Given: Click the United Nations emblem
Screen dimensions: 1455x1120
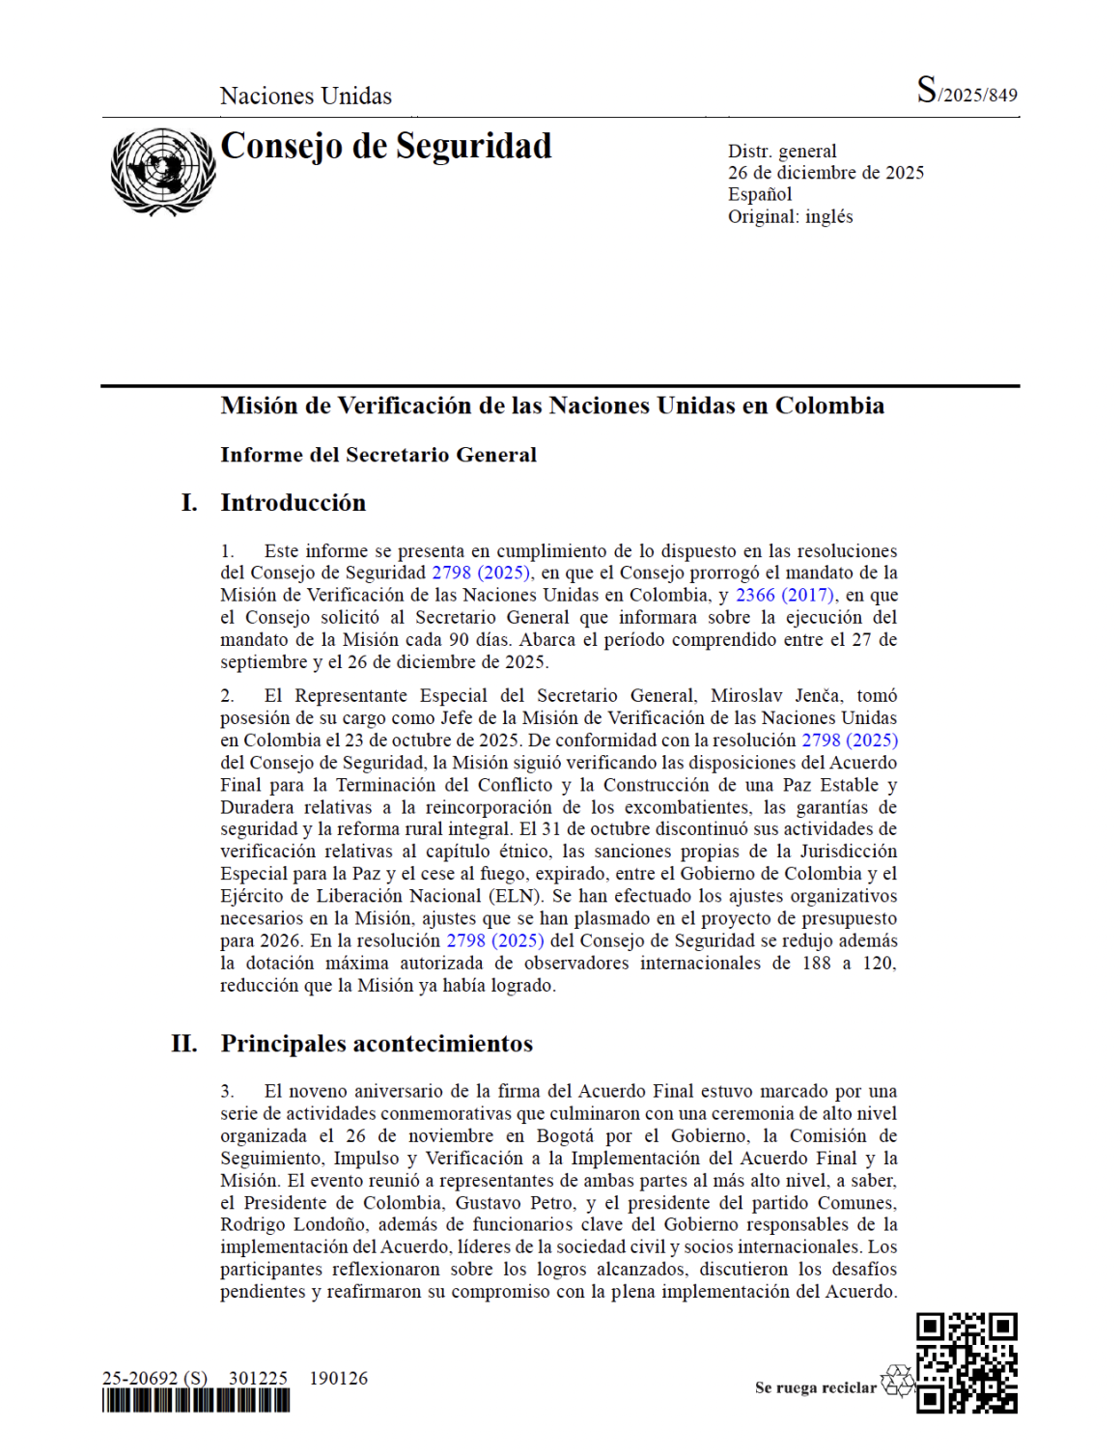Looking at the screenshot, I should (x=161, y=172).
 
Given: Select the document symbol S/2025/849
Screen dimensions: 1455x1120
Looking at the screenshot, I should (x=966, y=92).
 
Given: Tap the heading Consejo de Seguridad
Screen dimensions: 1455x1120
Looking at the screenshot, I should (x=386, y=146).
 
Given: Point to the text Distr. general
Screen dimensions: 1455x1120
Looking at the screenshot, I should (x=782, y=151).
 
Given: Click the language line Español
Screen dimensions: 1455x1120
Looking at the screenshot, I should (x=760, y=194).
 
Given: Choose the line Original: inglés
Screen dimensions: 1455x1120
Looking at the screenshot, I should (x=790, y=216).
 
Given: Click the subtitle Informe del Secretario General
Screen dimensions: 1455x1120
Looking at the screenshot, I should (x=378, y=455).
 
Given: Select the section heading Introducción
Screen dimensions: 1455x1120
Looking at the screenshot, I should (x=294, y=503).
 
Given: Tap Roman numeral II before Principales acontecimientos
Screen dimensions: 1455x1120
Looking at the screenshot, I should (x=184, y=1044).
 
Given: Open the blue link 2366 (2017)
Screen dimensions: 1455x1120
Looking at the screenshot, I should (x=785, y=596).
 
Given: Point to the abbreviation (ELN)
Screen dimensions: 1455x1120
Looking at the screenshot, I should (x=515, y=896).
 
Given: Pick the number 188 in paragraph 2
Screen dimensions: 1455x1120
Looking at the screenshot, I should (x=816, y=964).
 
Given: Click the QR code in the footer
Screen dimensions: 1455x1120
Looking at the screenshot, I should (x=966, y=1362).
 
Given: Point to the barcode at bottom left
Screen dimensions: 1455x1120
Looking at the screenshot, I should (x=196, y=1401).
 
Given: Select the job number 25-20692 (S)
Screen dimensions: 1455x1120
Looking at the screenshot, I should (x=154, y=1378).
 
